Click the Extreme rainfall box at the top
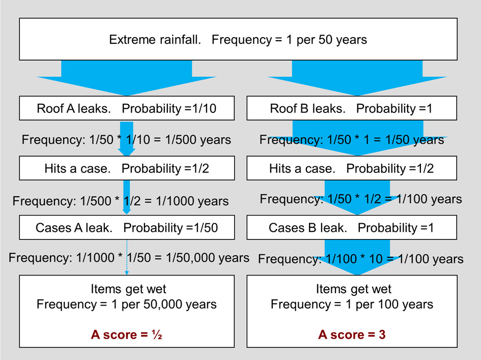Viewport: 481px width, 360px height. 238,39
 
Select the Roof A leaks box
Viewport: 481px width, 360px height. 127,108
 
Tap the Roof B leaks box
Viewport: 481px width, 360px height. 352,108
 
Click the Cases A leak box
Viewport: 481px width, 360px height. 127,227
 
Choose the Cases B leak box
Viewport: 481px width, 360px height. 352,227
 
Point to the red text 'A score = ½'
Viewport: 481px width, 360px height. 126,335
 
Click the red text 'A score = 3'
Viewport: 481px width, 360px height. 352,335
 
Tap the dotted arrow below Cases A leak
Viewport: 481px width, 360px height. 127,257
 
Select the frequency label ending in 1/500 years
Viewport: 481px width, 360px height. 126,140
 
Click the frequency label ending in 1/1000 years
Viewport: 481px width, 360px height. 121,201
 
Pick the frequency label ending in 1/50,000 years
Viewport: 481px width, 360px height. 129,258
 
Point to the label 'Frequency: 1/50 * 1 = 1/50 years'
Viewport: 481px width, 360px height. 352,140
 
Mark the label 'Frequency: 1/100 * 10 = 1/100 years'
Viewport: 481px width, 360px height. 361,259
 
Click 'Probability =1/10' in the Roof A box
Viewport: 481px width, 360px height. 169,108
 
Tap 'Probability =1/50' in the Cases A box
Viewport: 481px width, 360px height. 171,228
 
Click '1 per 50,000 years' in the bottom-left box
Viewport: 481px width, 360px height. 164,304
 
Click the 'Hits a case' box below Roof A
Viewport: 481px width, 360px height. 127,168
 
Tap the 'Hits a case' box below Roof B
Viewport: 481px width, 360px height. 352,168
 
